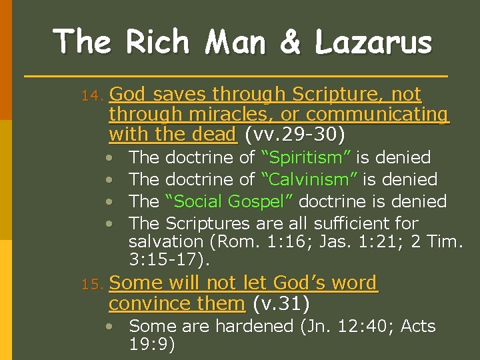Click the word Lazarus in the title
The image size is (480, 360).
(374, 42)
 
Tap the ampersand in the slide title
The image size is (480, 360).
(290, 42)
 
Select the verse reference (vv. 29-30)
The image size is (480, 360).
(295, 135)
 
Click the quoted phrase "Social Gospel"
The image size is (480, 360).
(231, 201)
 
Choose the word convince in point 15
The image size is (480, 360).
(146, 304)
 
